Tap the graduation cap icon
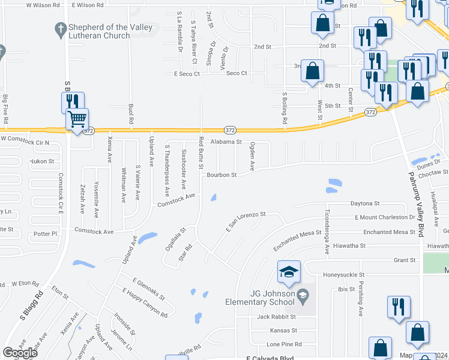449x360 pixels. (289, 272)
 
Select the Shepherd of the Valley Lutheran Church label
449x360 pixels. (100, 31)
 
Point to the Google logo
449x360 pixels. (20, 353)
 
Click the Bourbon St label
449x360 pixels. (222, 175)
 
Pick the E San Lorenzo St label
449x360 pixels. (246, 221)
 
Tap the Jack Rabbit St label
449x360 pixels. (277, 317)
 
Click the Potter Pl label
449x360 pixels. (45, 233)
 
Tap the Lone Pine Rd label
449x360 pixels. (283, 344)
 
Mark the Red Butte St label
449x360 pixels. (202, 153)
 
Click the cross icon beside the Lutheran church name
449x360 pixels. (60, 28)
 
